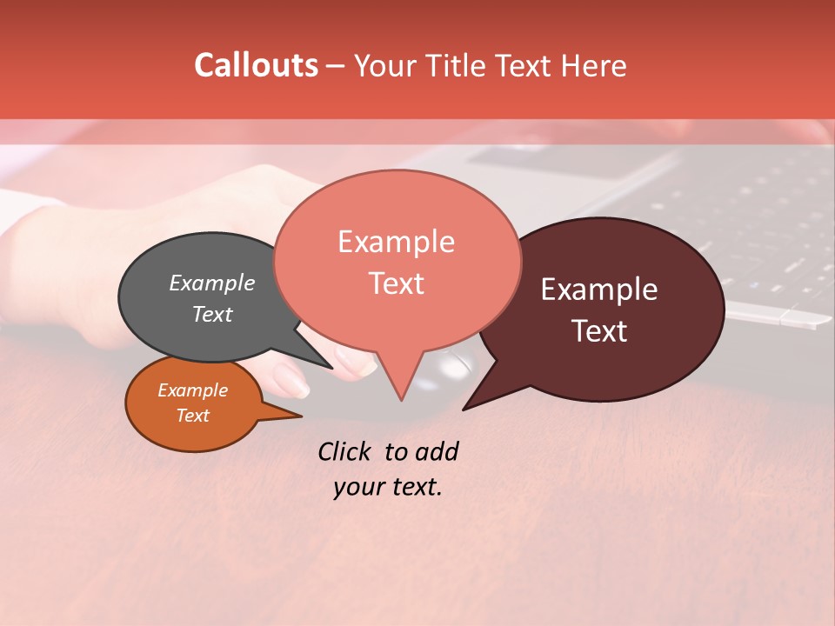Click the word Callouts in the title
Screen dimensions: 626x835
point(256,65)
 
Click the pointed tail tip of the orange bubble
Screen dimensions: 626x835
point(301,416)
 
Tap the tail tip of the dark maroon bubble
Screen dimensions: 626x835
point(464,409)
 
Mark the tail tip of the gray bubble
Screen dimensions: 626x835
point(332,368)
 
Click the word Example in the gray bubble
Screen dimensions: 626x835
point(212,283)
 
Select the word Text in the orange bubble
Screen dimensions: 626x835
point(193,416)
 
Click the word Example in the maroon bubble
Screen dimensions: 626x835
point(599,290)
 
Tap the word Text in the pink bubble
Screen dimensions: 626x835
point(397,283)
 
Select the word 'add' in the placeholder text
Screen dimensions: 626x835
point(437,451)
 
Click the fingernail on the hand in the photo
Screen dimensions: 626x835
point(292,380)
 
